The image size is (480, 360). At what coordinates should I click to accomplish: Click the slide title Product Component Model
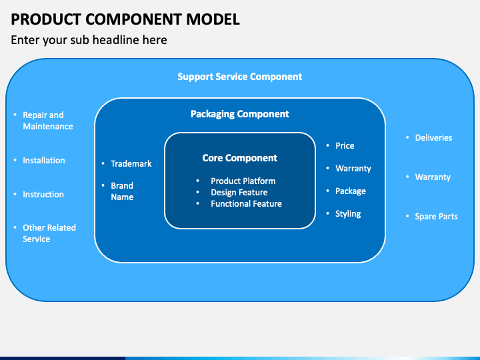click(x=125, y=18)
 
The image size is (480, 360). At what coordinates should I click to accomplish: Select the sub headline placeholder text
click(x=89, y=40)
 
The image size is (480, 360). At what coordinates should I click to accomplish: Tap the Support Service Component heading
click(x=239, y=77)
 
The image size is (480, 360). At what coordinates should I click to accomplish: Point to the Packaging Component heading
click(x=239, y=114)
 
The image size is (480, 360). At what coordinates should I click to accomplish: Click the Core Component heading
click(x=239, y=158)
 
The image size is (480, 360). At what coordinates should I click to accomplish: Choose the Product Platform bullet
click(x=243, y=181)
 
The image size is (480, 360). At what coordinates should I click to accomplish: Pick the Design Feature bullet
click(x=239, y=192)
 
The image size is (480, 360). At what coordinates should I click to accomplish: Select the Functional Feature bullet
click(x=246, y=203)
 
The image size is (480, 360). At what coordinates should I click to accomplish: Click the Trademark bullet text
click(x=131, y=163)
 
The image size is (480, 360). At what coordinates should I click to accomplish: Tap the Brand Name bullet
click(x=122, y=191)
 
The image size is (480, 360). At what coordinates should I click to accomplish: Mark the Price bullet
click(x=345, y=145)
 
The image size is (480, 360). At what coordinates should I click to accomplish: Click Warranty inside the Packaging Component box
click(x=353, y=168)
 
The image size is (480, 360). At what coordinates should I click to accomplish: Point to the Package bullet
click(x=350, y=191)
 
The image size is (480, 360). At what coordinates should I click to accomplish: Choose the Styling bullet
click(x=348, y=213)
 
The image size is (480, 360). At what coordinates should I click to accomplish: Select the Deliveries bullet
click(x=433, y=137)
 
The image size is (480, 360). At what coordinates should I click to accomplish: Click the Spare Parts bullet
click(x=436, y=216)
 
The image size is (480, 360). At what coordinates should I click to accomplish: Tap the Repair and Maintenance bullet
click(x=47, y=121)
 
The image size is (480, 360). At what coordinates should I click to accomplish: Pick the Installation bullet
click(x=43, y=160)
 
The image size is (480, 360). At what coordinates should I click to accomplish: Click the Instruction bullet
click(x=43, y=194)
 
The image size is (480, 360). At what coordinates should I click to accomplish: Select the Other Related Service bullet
click(x=49, y=233)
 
